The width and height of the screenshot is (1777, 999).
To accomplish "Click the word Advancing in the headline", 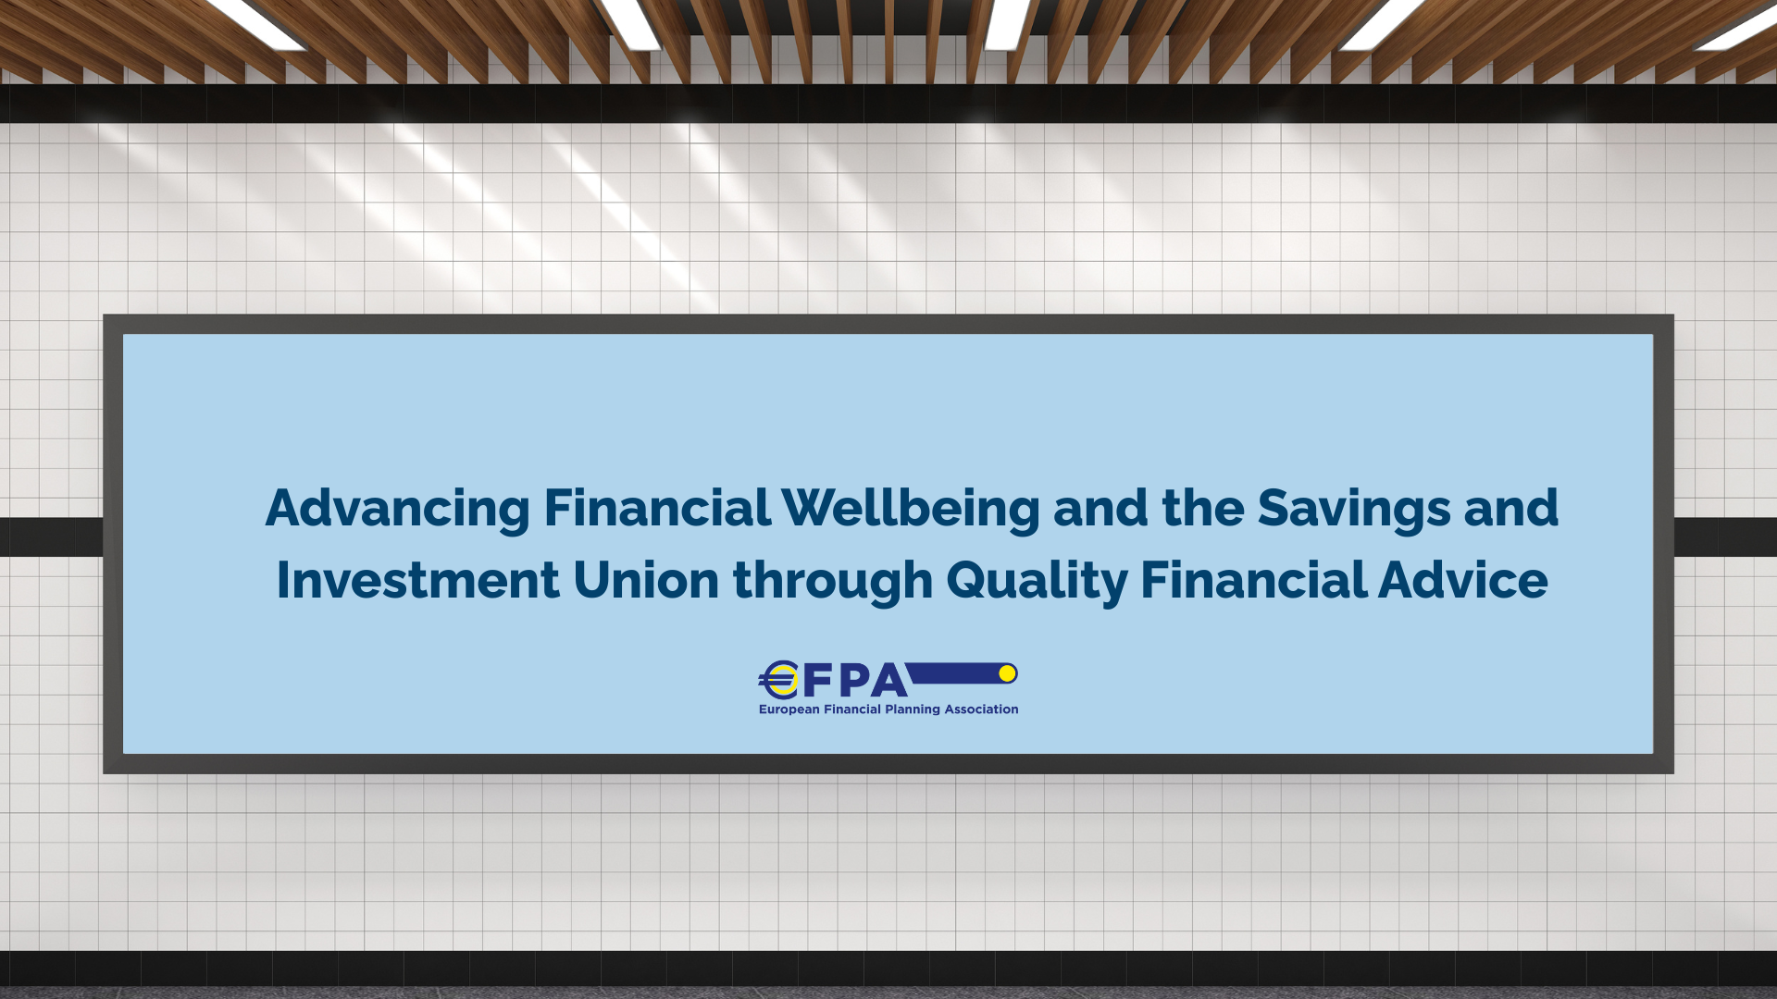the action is click(x=398, y=510).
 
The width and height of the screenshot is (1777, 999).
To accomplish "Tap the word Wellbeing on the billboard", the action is click(x=911, y=510).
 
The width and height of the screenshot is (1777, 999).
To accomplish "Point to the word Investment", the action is click(x=418, y=580).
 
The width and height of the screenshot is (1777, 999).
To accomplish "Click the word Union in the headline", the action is click(x=646, y=580).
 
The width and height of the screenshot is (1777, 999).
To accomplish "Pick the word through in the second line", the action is click(x=833, y=582).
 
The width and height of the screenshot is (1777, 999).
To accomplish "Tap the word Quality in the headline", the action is click(x=1037, y=582).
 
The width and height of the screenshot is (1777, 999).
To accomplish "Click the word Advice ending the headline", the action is click(x=1463, y=580).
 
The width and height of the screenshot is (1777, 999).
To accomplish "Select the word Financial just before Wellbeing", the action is click(x=657, y=508).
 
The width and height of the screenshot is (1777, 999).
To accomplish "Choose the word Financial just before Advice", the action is click(x=1253, y=580).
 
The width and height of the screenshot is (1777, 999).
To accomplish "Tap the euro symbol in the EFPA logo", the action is click(x=779, y=680).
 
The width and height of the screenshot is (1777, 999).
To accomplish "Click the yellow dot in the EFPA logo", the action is click(x=1008, y=673).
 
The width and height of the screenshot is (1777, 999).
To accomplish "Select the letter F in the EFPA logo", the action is click(x=818, y=682).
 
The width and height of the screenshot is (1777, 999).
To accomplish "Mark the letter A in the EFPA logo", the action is click(x=888, y=682).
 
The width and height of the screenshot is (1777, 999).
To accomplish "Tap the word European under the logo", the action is click(x=789, y=709).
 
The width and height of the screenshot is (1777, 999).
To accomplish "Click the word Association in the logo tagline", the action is click(x=981, y=709).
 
